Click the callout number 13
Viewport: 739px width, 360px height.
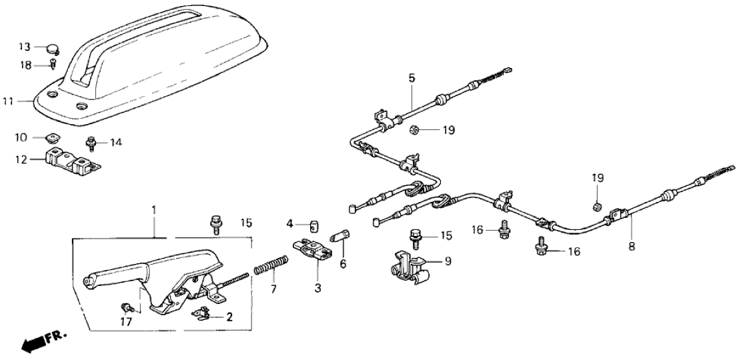click(x=24, y=47)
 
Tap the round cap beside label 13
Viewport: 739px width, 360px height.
click(x=51, y=48)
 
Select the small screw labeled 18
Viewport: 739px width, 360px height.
click(x=53, y=64)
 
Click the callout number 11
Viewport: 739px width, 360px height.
click(x=7, y=102)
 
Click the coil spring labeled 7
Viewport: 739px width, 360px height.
click(x=268, y=272)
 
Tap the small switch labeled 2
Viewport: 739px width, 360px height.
click(x=203, y=312)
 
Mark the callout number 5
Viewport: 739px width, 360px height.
click(x=412, y=78)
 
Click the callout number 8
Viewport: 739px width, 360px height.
click(x=632, y=245)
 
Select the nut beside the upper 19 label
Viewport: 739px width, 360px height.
click(x=414, y=129)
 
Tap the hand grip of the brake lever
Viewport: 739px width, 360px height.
click(x=113, y=275)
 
